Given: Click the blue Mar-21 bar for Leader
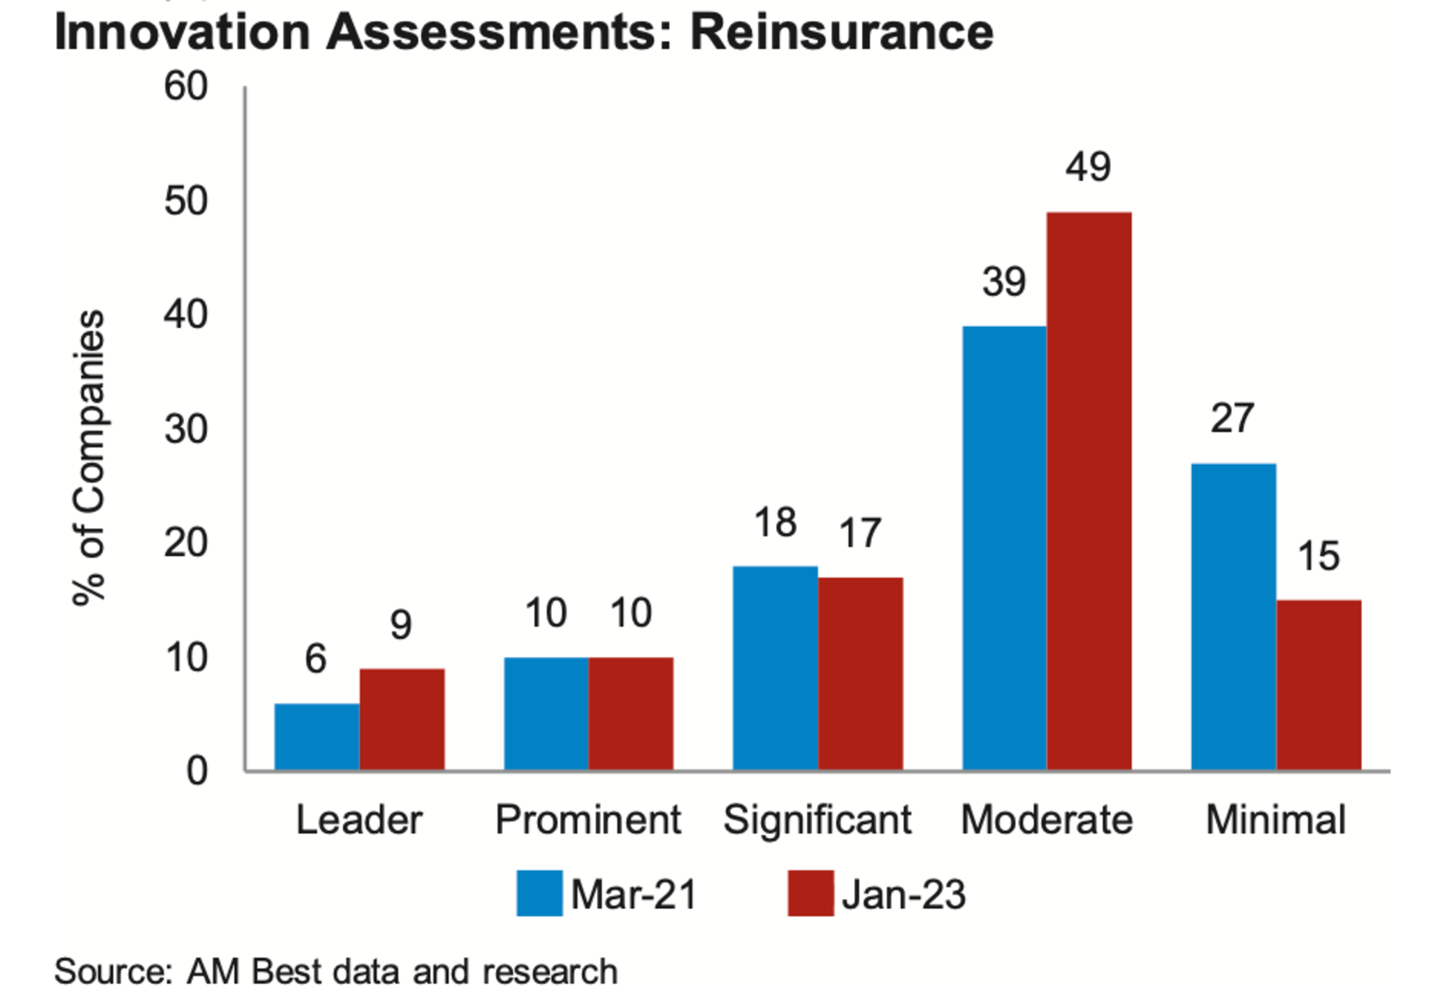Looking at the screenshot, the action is coord(317,737).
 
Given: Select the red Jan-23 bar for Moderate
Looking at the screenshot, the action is coord(1089,491).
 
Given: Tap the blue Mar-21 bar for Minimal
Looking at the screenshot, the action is coord(1234,617).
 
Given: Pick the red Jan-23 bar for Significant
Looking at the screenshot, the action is coord(861,674).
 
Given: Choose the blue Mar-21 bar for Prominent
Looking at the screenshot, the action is coord(546,714).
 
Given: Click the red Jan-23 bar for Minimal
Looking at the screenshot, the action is coord(1319,685).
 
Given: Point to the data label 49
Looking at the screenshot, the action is coord(1088,167).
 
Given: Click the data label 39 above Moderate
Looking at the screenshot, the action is coord(1004,281).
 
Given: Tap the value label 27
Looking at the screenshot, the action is coord(1233,418).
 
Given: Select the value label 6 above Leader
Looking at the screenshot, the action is coord(316,658).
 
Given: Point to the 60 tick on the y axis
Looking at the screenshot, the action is coord(186,86).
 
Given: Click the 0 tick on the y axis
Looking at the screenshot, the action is coord(197,771).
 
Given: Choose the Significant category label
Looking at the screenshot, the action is coord(817,820).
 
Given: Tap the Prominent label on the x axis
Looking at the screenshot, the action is coord(588,819).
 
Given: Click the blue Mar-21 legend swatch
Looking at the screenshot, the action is coord(539,893).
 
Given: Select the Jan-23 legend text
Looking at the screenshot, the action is coord(904,894).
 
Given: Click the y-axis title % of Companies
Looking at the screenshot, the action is coord(89,457).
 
